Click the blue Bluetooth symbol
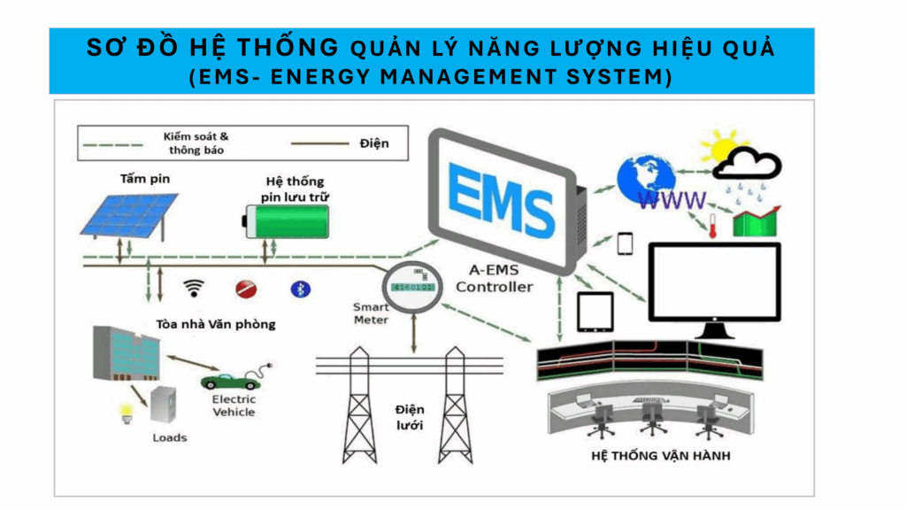coord(299,289)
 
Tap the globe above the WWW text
coord(648,176)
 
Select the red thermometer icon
coord(712,223)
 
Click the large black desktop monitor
coord(715,283)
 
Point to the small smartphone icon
coord(626,243)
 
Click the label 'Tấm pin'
coord(145,179)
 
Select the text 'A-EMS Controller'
coord(495,280)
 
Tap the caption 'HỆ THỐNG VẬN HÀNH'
coord(649,456)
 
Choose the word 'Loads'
coord(170,437)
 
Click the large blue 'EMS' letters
coord(502,197)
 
